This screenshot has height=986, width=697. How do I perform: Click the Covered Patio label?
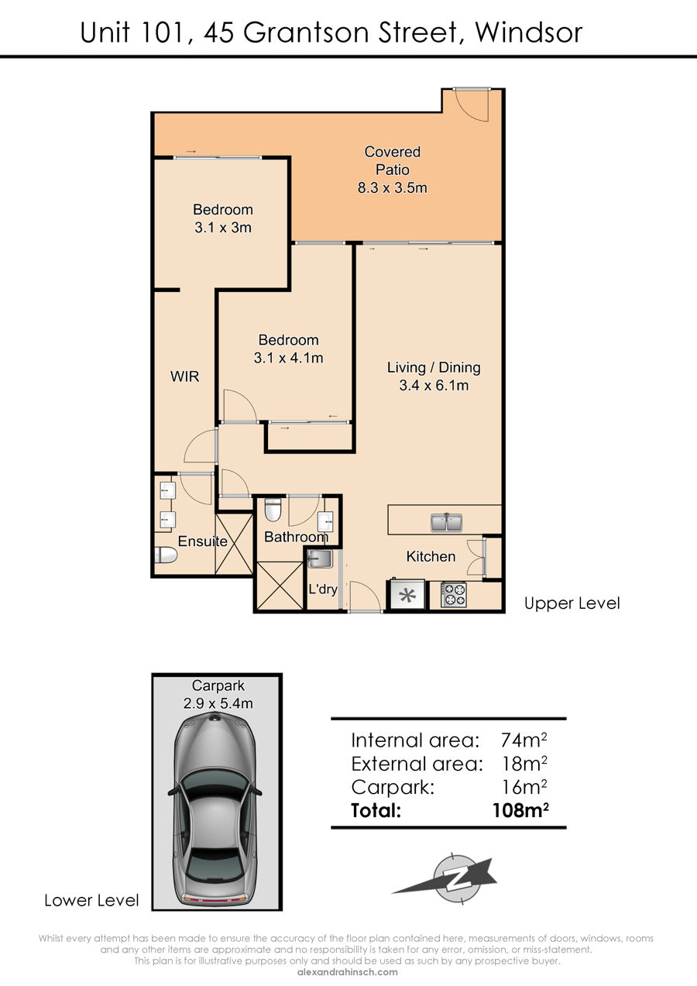point(392,160)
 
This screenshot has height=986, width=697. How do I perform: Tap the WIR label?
point(185,376)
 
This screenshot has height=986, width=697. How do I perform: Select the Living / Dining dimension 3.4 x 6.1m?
point(434,386)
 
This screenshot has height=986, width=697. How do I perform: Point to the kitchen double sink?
point(446,522)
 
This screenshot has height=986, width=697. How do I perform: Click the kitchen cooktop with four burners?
point(454,595)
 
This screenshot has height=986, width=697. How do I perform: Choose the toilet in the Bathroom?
point(273,510)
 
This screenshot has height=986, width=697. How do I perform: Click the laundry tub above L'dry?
point(320,559)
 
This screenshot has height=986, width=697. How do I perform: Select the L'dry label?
point(323,589)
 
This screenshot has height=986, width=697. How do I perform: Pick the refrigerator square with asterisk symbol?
point(407,596)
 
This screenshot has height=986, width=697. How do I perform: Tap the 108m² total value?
point(521,810)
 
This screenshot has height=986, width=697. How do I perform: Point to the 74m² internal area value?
point(524,740)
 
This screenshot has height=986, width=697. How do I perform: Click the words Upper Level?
point(572,603)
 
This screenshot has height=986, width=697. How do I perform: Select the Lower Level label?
point(91,900)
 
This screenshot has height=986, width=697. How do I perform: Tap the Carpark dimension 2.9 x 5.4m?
point(218,703)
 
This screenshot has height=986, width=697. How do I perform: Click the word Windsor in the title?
point(529,33)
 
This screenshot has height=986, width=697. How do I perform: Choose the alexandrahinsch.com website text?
point(348,972)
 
